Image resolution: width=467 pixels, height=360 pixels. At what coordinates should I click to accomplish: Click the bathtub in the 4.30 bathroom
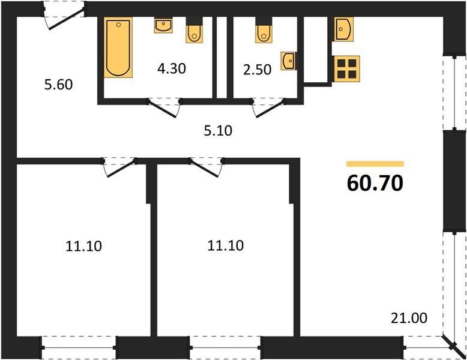pos(118,47)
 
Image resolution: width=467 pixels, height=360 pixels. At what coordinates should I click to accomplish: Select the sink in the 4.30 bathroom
pos(163,25)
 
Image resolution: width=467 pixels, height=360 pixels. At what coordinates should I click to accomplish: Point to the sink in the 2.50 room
pos(288,61)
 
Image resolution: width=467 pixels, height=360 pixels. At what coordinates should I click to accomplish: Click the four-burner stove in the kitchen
pos(347,69)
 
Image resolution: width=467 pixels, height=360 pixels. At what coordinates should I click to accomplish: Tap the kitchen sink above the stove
pos(344,29)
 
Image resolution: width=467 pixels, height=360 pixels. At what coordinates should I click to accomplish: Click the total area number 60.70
pos(375,183)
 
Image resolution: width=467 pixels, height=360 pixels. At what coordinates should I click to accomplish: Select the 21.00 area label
pos(409,318)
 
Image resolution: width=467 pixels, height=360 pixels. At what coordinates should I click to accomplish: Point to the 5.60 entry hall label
pos(59,85)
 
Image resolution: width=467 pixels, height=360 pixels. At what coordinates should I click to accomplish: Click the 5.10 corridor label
pos(218,131)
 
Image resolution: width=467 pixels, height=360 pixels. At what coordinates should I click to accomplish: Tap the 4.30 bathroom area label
pos(172,68)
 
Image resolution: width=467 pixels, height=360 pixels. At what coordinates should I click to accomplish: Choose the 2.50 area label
pos(258,70)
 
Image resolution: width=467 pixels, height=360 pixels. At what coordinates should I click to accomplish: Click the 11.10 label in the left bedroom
pos(83,246)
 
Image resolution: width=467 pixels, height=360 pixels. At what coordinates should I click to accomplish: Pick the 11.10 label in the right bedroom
pos(226,245)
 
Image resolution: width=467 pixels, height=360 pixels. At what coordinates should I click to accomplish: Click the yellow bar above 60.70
pos(375,164)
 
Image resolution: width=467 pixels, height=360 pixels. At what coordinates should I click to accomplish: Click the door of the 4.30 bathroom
pos(164,108)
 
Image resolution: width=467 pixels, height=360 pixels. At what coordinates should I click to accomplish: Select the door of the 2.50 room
pos(269,108)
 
